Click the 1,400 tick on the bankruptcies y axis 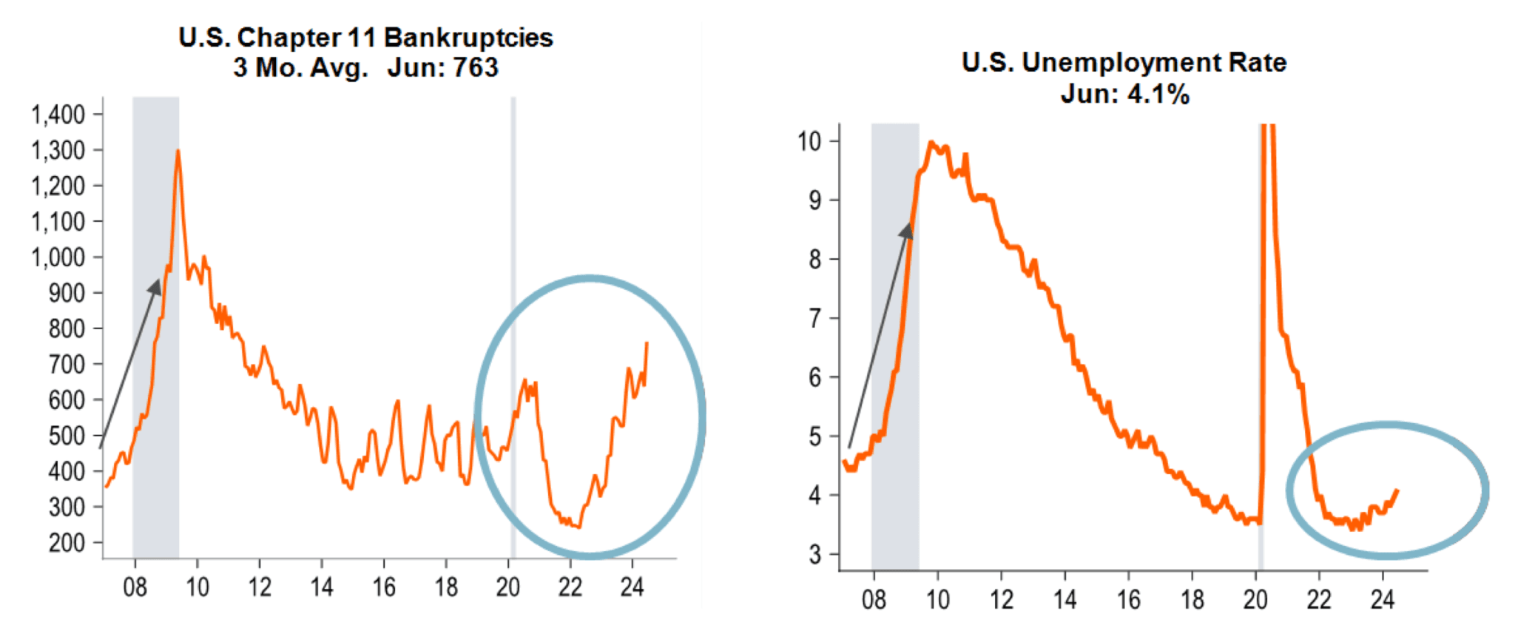(58, 115)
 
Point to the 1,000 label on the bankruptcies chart (58, 257)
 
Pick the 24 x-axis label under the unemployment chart (1382, 598)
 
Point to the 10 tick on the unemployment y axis (809, 141)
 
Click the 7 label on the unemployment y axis (814, 318)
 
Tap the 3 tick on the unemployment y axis (814, 554)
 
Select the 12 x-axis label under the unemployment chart (1001, 598)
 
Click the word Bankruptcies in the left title (468, 37)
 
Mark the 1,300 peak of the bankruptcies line (178, 151)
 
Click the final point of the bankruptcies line (647, 343)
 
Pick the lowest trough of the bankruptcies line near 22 (578, 527)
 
